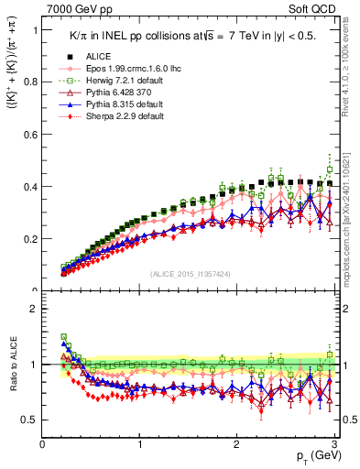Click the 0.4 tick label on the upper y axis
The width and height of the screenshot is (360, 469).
coord(30,187)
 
